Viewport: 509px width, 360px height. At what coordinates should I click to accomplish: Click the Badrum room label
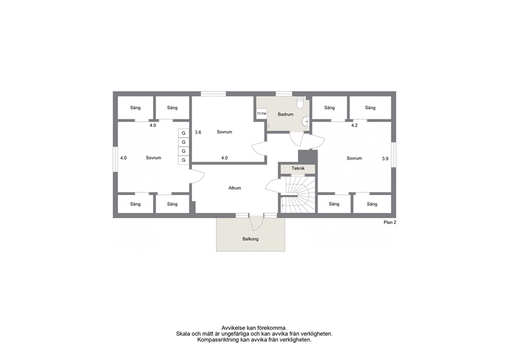click(x=285, y=115)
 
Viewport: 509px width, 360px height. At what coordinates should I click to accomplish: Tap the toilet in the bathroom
click(x=300, y=102)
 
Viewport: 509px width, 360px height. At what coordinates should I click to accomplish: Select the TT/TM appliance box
click(x=262, y=113)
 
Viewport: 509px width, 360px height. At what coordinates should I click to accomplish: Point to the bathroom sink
click(x=305, y=122)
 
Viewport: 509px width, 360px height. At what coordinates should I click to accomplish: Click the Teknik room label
click(x=298, y=168)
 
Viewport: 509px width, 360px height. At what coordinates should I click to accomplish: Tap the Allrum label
click(x=234, y=188)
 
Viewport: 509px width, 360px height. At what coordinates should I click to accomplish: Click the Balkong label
click(x=250, y=239)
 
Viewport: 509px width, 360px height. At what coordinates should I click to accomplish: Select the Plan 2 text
click(x=390, y=222)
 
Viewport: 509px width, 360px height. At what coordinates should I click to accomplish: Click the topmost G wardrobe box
click(x=183, y=133)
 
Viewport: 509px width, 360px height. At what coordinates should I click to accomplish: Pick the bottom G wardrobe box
click(x=183, y=160)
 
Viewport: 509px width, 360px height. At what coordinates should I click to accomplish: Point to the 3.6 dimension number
click(x=198, y=132)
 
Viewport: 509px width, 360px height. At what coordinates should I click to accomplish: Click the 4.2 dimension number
click(x=355, y=125)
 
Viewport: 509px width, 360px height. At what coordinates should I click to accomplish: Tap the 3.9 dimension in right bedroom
click(x=385, y=159)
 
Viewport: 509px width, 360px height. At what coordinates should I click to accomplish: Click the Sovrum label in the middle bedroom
click(x=224, y=132)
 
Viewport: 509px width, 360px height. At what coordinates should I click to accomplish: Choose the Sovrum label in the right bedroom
click(x=354, y=158)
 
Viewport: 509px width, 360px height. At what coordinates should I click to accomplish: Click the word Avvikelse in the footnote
click(x=233, y=328)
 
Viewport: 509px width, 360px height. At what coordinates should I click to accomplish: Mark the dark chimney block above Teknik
click(x=307, y=157)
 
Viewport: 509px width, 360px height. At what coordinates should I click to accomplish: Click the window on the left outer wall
click(x=115, y=159)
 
